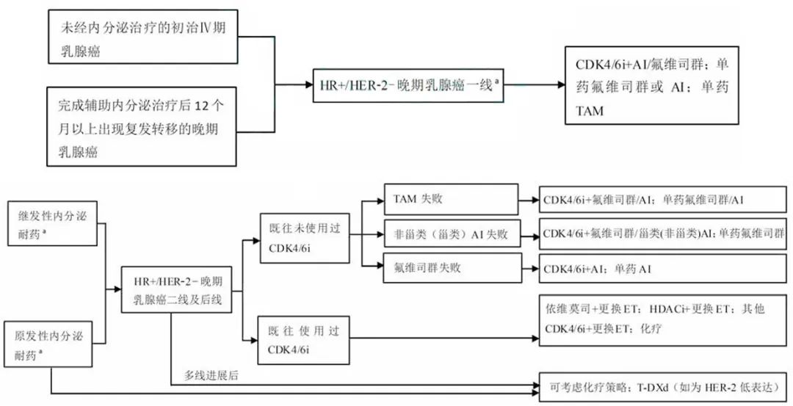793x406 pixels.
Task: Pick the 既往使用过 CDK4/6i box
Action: click(x=303, y=340)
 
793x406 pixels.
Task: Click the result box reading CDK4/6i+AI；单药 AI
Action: click(x=662, y=269)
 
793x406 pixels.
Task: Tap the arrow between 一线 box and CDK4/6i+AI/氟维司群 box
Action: click(x=532, y=84)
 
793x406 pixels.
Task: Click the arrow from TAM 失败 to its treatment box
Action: click(x=527, y=199)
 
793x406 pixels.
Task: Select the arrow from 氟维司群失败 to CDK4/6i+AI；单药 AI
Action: click(x=527, y=269)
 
